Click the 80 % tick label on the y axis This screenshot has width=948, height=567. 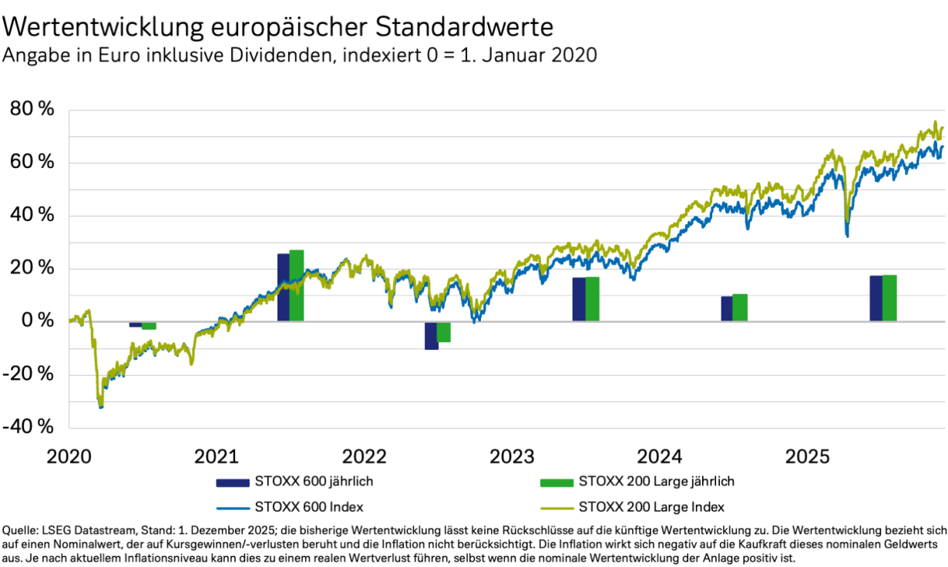(32, 109)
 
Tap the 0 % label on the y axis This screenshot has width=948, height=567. (38, 321)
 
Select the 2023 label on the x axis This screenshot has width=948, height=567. (512, 457)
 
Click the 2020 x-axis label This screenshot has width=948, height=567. (69, 457)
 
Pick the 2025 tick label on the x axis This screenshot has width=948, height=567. (807, 457)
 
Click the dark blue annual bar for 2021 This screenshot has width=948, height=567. (283, 287)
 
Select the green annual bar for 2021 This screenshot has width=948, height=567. (297, 285)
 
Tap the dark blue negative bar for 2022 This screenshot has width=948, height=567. (432, 335)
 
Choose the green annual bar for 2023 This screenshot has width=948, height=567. (593, 299)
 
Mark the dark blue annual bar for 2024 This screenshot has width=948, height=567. (727, 308)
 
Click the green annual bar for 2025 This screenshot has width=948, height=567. (889, 297)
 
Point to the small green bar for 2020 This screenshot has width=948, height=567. (149, 326)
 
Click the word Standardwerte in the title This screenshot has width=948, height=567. (465, 27)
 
